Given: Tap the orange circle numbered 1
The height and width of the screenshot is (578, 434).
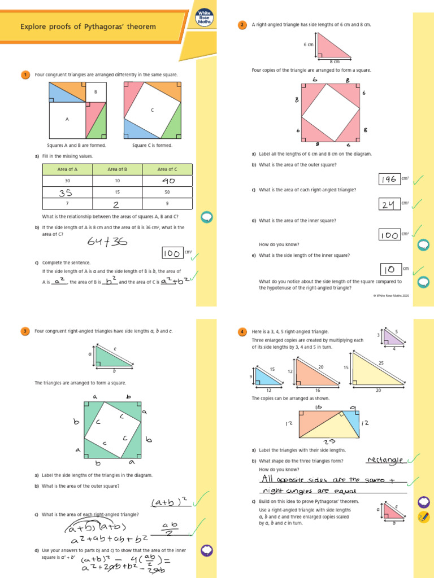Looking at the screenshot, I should pyautogui.click(x=25, y=75).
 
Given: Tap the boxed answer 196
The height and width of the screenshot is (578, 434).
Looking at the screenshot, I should pyautogui.click(x=388, y=179).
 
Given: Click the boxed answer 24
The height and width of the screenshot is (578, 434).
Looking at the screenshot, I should pyautogui.click(x=388, y=205).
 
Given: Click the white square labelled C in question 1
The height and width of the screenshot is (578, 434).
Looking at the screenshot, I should pyautogui.click(x=152, y=110).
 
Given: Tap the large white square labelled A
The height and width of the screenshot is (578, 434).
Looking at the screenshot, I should pyautogui.click(x=67, y=119).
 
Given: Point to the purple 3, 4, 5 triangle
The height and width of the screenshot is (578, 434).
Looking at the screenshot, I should pyautogui.click(x=394, y=338).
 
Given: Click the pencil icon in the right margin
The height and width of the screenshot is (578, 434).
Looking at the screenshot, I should pyautogui.click(x=423, y=516).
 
